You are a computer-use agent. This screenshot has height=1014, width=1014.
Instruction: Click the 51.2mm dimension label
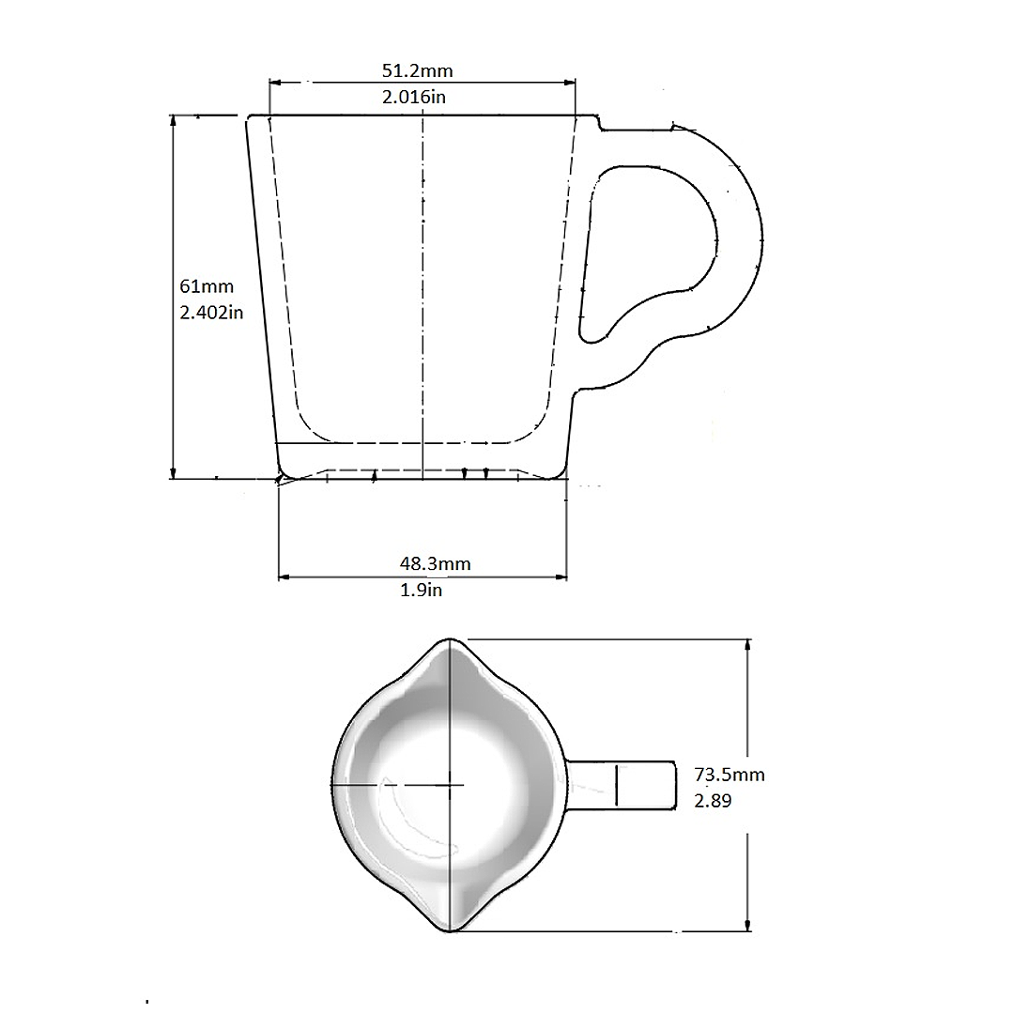click(422, 69)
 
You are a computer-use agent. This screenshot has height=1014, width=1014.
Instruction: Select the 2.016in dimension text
click(422, 96)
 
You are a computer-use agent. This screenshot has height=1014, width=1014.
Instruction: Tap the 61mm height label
click(207, 285)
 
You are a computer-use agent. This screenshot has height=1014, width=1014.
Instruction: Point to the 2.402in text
click(212, 312)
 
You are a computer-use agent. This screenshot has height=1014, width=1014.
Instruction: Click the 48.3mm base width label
click(435, 563)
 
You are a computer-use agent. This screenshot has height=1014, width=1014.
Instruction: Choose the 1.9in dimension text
click(421, 590)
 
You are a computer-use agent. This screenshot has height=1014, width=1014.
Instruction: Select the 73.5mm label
click(730, 775)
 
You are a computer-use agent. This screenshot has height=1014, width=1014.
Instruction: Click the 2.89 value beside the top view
click(713, 801)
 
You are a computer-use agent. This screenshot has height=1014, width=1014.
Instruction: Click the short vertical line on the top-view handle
click(617, 786)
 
